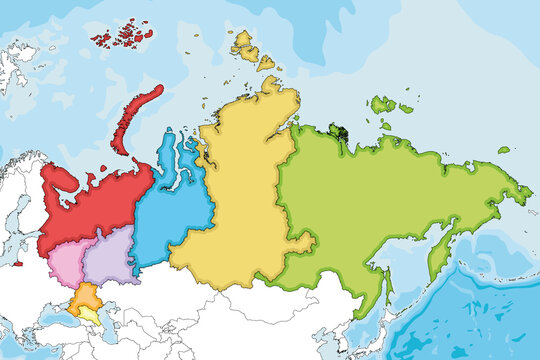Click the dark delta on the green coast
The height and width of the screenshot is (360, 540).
tap(340, 131)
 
